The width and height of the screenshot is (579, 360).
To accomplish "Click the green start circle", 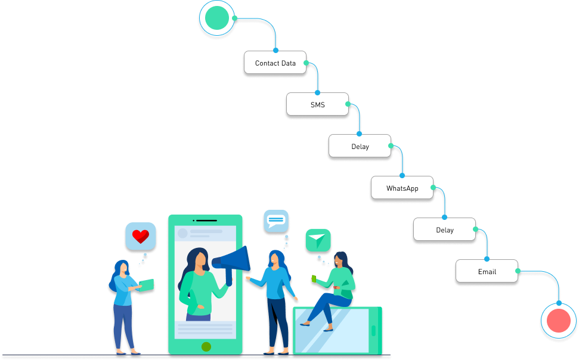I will coord(216,18).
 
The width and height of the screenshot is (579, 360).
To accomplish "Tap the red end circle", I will coord(559,321).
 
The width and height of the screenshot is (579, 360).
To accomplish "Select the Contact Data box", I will coord(275,63).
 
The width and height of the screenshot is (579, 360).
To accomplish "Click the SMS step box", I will coord(317,104).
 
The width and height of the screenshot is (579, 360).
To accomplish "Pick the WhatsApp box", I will coord(402,188).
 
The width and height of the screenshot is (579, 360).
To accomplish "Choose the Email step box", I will coord(487,271).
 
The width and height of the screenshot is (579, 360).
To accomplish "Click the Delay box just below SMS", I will coord(360,146).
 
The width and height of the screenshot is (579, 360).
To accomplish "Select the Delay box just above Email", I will coord(444,229).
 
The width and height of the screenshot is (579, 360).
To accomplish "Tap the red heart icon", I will coord(141,237).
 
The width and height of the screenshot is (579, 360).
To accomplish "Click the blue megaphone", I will coord(234,262).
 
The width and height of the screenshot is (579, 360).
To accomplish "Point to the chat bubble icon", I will coord(275,221).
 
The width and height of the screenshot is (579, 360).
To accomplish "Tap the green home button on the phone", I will coord(206,346).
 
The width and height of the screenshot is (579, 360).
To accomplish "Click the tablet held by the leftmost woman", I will coord(146,285).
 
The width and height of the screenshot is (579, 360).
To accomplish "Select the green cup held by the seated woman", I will coord(314,278).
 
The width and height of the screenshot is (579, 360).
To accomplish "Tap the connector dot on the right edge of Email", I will coord(518,271).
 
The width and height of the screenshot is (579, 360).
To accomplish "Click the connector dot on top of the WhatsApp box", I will coord(402,176).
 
